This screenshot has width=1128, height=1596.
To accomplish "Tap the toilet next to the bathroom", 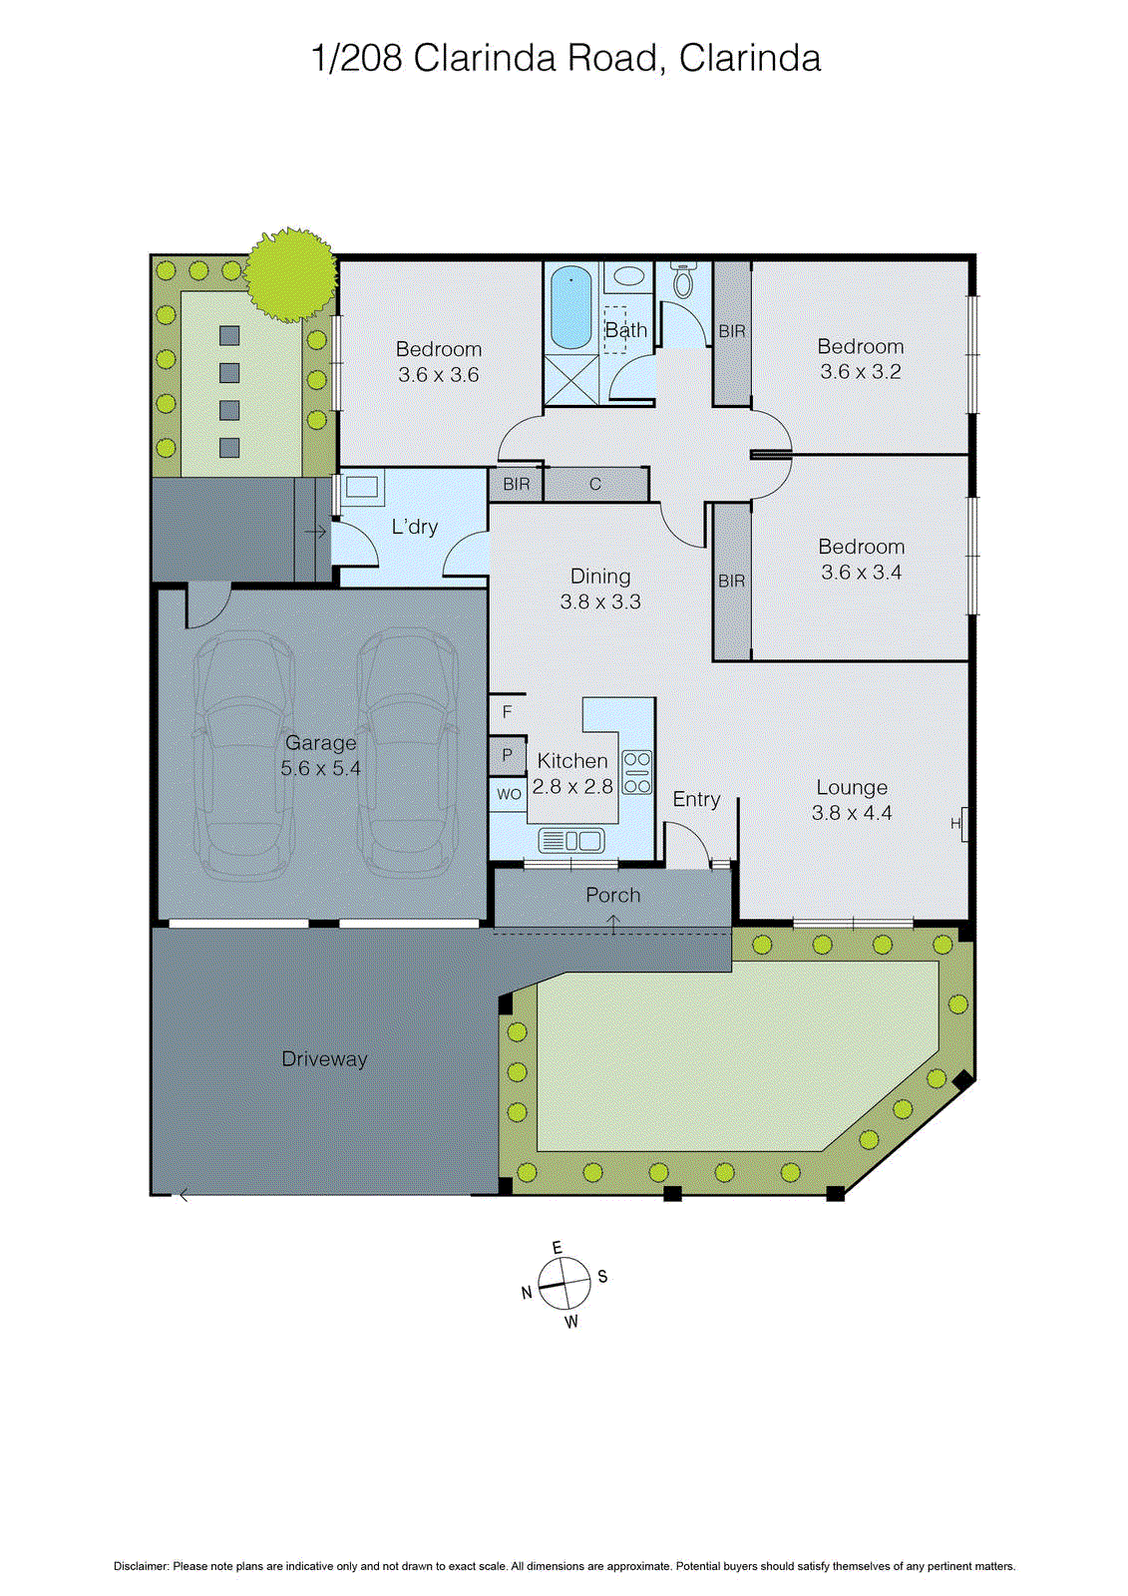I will click(683, 282).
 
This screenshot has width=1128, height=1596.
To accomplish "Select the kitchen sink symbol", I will click(571, 841).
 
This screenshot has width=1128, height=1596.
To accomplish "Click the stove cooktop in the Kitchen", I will click(637, 772).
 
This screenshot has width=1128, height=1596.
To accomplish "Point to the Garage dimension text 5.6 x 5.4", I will click(320, 769).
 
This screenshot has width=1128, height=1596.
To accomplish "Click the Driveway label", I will click(324, 1059).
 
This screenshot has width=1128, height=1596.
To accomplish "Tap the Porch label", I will click(612, 896).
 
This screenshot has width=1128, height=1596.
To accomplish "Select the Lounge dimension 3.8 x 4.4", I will click(852, 813).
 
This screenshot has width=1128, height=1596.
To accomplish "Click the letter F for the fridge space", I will click(507, 712).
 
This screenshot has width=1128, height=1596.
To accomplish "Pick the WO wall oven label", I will click(509, 795).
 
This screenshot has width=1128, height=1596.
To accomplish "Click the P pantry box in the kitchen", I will click(507, 755).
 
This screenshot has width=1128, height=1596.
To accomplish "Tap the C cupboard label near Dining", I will click(595, 485).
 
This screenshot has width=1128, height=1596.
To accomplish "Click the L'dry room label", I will click(414, 527).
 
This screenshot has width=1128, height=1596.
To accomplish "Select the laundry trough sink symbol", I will click(361, 487).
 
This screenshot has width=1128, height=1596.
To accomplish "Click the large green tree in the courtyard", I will click(290, 274).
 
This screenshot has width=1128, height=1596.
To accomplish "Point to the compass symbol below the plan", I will click(564, 1284).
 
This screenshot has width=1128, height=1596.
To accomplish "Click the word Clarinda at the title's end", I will click(749, 59).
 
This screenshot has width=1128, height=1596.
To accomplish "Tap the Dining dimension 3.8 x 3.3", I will click(600, 602).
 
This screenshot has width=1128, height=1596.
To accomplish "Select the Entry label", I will click(696, 800).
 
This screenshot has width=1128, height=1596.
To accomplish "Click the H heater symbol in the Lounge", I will click(957, 824).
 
